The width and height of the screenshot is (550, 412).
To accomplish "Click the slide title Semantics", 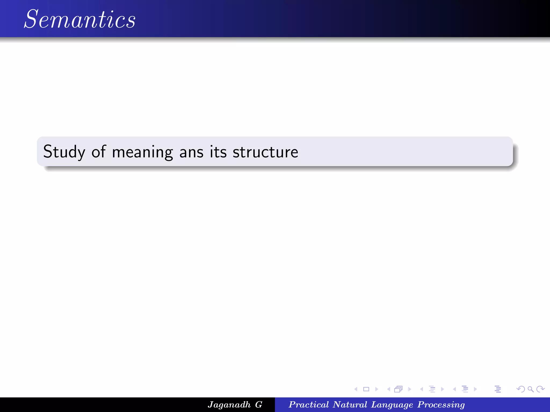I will coord(80,19).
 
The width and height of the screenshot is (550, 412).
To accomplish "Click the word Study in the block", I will coord(64,152).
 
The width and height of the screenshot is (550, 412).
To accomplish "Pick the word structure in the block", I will coord(265,152).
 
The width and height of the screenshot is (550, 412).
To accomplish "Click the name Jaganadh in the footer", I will coord(229,405).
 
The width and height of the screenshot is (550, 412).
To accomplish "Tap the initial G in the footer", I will coord(259,404).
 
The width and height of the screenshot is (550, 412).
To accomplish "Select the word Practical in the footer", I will coord(309,404).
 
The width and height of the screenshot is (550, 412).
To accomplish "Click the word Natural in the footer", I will coord(350,404).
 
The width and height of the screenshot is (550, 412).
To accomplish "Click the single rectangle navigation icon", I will coord(366,389).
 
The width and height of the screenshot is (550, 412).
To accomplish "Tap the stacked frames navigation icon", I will coord(399,389).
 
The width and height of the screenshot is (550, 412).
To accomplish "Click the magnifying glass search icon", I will coord(530,389).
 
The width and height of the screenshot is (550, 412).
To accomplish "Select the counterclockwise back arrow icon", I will coord(520,389).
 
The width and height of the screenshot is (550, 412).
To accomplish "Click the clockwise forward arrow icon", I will coord(540,389).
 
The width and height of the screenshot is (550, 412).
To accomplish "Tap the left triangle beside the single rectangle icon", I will coord(356,389).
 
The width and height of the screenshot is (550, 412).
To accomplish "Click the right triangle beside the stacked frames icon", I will coord(410,389).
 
